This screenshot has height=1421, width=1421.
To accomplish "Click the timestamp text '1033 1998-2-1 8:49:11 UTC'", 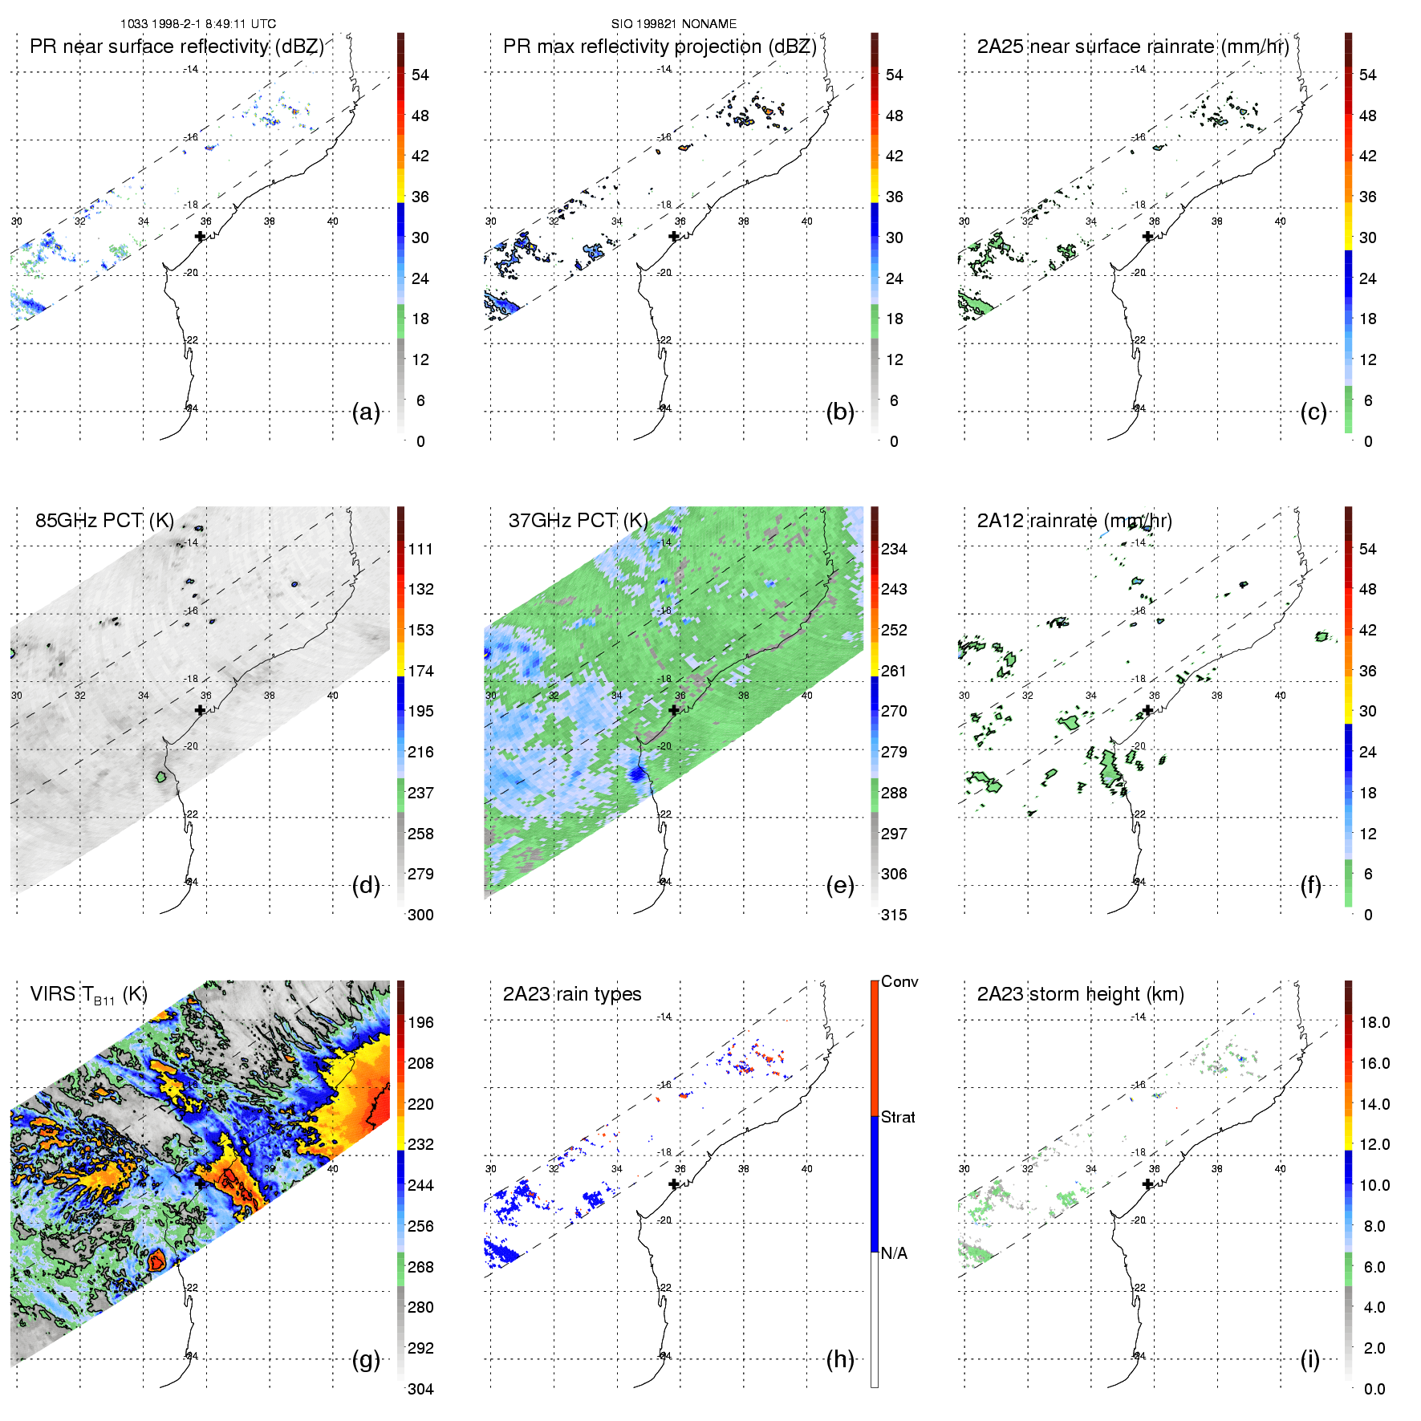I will (197, 24).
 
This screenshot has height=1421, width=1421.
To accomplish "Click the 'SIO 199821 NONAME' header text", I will (673, 24).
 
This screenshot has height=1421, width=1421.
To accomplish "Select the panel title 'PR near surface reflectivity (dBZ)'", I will (177, 47).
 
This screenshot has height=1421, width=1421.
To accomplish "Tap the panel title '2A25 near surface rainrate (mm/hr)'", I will (1132, 47).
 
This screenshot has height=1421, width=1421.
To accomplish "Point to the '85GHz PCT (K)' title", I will (104, 521).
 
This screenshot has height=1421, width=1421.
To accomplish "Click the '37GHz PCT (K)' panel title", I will (578, 521).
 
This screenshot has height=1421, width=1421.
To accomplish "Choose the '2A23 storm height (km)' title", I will (1080, 994).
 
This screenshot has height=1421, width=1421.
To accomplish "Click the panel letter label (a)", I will (366, 412).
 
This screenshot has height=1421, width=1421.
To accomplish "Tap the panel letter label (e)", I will (840, 886).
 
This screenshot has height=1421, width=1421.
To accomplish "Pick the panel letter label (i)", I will (1310, 1359).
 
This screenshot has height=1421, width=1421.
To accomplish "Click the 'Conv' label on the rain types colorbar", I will (899, 981).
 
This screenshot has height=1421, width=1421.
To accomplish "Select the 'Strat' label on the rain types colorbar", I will (898, 1117).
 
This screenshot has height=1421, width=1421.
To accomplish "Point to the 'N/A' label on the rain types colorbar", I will (894, 1253).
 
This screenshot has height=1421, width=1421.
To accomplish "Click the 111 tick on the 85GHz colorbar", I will (420, 549).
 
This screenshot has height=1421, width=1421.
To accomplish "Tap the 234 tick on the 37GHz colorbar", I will (894, 549).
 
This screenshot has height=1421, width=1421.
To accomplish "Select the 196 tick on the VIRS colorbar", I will (420, 1022).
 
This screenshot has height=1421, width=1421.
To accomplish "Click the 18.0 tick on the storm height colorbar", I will (1374, 1022).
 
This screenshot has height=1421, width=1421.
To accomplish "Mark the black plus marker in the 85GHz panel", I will (200, 710).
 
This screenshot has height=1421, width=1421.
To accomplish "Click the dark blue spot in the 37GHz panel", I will (638, 774).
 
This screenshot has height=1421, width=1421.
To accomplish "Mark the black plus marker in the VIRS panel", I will (200, 1183).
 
